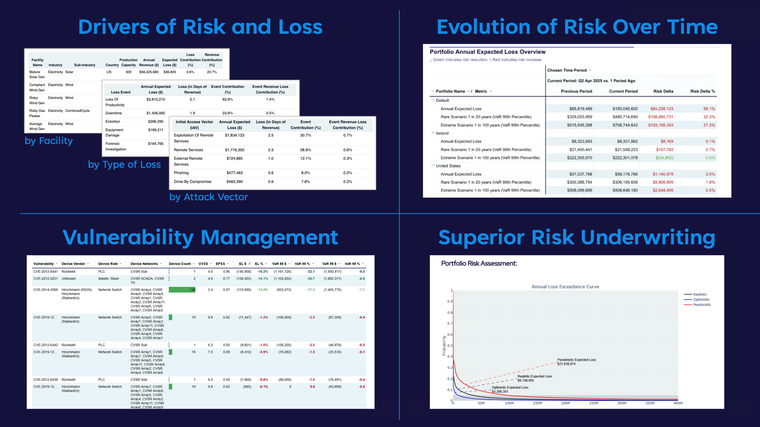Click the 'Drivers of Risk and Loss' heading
(x=200, y=27)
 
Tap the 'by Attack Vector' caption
(x=209, y=197)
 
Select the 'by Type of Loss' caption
(x=124, y=165)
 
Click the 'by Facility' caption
(x=48, y=141)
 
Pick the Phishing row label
(x=181, y=173)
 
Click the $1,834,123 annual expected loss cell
(x=235, y=135)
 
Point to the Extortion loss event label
(x=113, y=121)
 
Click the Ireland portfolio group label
(x=442, y=133)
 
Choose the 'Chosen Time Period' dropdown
(x=569, y=70)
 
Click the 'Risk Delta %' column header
(x=703, y=91)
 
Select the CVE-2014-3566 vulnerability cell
(x=46, y=289)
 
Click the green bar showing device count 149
(x=182, y=289)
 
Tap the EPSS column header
(x=221, y=264)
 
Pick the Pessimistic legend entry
(x=702, y=305)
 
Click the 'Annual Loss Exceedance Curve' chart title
(x=565, y=287)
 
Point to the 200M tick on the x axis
(x=565, y=403)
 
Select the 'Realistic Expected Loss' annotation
(x=534, y=376)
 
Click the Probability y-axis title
(x=444, y=345)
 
